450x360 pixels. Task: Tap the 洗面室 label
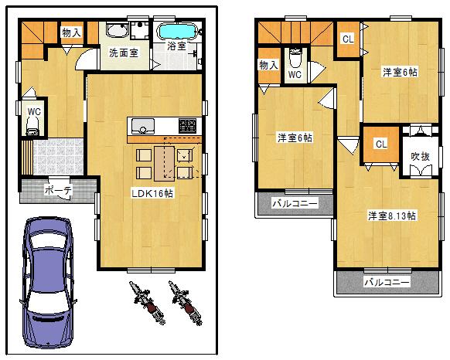pyautogui.click(x=123, y=53)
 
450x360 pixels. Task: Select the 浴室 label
pyautogui.click(x=176, y=46)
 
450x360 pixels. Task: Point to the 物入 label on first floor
pyautogui.click(x=72, y=33)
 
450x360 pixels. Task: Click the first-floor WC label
pyautogui.click(x=33, y=111)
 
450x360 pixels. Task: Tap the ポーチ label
pyautogui.click(x=57, y=188)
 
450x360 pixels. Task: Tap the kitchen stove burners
pyautogui.click(x=189, y=125)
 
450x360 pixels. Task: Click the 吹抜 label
pyautogui.click(x=419, y=156)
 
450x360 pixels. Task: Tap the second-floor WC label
pyautogui.click(x=295, y=75)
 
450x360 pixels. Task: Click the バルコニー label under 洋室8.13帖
pyautogui.click(x=387, y=283)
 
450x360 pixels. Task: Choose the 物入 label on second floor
pyautogui.click(x=268, y=65)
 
